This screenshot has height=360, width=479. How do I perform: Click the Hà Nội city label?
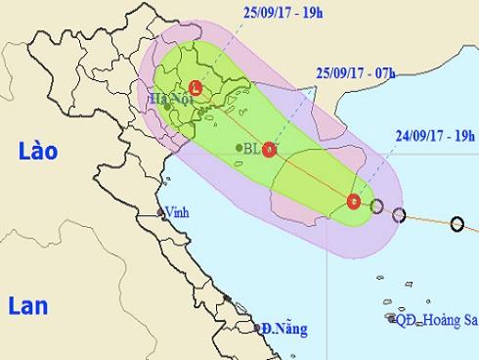click(x=168, y=98)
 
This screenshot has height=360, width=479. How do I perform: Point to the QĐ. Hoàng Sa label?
click(x=434, y=320)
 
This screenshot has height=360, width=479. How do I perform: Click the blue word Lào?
click(x=37, y=151)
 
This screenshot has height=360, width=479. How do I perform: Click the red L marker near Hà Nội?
click(x=196, y=86)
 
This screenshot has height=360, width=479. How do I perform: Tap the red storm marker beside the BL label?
click(x=268, y=149)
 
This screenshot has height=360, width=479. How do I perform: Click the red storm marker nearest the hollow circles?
click(x=353, y=202)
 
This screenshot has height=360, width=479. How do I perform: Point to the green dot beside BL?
click(x=239, y=149)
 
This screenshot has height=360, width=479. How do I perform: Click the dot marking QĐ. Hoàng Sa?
click(x=391, y=319)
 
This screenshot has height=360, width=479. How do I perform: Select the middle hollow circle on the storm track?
click(x=398, y=213)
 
